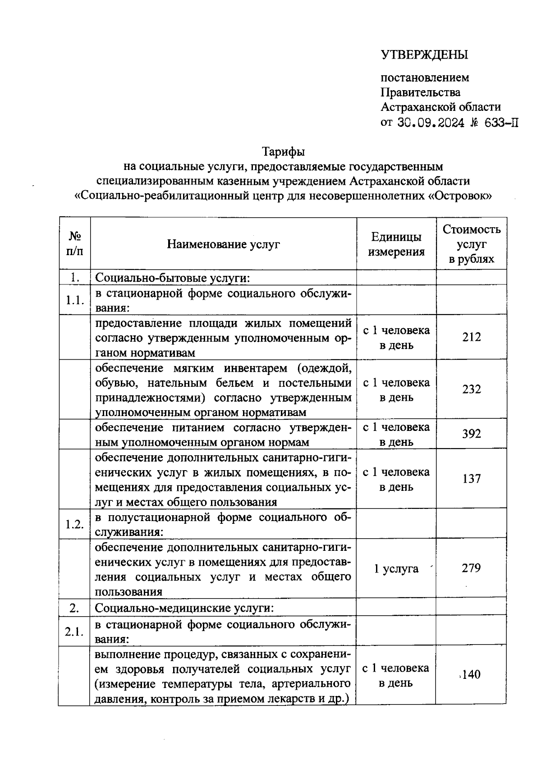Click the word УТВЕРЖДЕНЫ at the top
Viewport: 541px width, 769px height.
(x=425, y=55)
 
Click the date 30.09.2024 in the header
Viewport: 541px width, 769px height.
(x=431, y=123)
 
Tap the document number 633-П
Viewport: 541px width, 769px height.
(x=501, y=123)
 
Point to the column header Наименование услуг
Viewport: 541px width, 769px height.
(x=223, y=244)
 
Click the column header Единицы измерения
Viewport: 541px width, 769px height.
(x=396, y=244)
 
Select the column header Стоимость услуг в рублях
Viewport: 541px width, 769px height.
(x=471, y=244)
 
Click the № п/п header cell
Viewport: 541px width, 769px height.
(x=74, y=244)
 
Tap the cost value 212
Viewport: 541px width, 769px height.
(x=471, y=337)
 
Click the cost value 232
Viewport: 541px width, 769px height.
(x=471, y=389)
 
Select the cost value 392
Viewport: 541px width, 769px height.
(x=471, y=434)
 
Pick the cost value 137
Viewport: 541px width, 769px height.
(x=471, y=479)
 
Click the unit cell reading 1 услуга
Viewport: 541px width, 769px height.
(x=396, y=569)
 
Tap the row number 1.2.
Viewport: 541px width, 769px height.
(x=74, y=524)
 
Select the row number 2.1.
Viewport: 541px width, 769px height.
(x=74, y=632)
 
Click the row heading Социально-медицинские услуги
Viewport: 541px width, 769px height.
(x=184, y=608)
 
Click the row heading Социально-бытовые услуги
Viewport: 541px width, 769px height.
(x=173, y=278)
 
